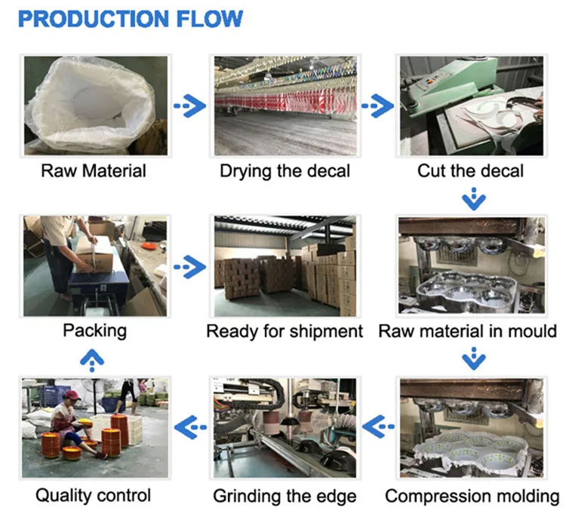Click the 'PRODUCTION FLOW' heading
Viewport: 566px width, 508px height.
click(130, 18)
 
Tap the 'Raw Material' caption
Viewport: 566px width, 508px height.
click(94, 170)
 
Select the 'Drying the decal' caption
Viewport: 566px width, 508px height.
click(285, 170)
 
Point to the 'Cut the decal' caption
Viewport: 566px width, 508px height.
click(470, 170)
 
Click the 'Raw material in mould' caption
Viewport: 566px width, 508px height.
click(467, 331)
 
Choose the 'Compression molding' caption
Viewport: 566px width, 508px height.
click(472, 496)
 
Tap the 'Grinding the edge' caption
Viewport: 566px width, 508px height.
click(285, 496)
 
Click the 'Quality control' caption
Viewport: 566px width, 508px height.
click(93, 495)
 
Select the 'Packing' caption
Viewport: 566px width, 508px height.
click(94, 330)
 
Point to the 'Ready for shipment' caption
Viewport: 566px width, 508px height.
click(285, 331)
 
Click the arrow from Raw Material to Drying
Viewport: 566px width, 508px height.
click(189, 106)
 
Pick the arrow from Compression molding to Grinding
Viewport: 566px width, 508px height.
click(377, 428)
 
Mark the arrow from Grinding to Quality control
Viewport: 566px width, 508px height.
click(189, 428)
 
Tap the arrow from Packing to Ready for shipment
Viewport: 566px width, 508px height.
click(189, 266)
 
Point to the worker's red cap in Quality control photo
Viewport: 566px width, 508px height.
click(72, 394)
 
